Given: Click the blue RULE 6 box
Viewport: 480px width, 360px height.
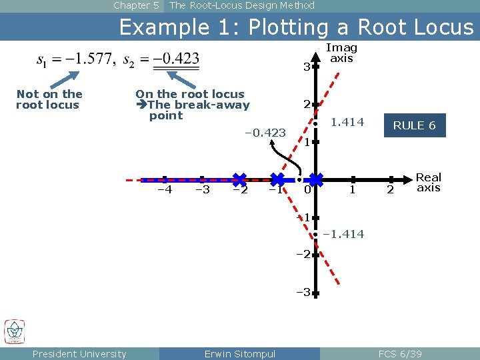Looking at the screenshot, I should [414, 125].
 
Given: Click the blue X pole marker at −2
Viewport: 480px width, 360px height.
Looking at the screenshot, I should [239, 179].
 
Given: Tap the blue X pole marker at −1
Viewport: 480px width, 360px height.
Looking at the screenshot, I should [278, 179].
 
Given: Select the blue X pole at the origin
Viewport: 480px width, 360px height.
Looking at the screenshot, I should [316, 179].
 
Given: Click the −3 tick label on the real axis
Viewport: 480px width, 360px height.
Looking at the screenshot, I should [202, 190].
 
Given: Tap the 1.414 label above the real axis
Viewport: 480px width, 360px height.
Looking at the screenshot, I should [347, 122].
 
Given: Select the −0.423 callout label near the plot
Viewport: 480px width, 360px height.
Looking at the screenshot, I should [265, 133].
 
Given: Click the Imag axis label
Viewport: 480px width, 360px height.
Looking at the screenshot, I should [341, 53].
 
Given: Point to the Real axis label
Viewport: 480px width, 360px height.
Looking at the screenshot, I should [429, 182].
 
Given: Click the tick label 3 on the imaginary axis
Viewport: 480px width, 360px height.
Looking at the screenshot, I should [306, 67].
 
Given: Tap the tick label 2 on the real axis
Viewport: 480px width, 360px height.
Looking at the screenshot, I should [391, 191].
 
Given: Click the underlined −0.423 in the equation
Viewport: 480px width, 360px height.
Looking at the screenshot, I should [176, 59].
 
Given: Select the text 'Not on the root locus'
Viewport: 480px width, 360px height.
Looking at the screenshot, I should [49, 99].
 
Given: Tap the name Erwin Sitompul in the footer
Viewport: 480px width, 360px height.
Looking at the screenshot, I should [239, 354].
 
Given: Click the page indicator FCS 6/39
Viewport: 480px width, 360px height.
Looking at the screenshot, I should [400, 354].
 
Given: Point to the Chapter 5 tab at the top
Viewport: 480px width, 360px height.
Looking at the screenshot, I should [136, 5].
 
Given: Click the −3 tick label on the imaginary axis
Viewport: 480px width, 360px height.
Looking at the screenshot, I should [303, 292].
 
